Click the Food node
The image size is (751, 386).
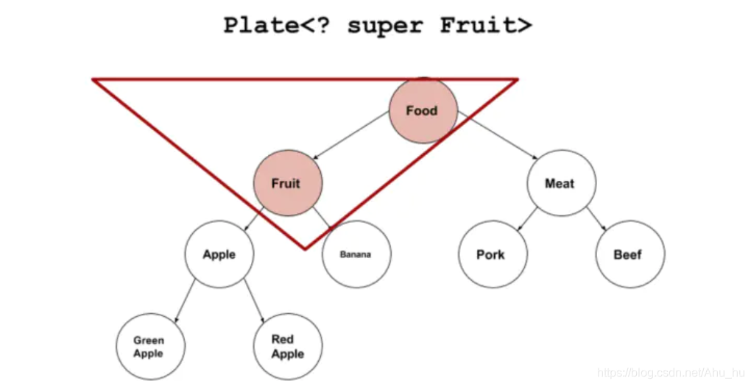click(x=423, y=111)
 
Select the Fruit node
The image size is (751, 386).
click(x=287, y=183)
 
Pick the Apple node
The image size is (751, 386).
click(x=219, y=254)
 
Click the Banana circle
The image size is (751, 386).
click(x=356, y=254)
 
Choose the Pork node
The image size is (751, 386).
click(x=491, y=254)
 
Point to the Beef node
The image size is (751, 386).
click(x=629, y=254)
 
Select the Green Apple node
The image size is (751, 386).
click(x=150, y=346)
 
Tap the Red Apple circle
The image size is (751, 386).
click(x=287, y=346)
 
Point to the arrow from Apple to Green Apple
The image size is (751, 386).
click(x=186, y=300)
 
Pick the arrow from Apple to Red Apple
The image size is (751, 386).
click(x=253, y=300)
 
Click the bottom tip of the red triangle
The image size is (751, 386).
click(x=305, y=249)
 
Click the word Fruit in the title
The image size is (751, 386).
click(x=479, y=25)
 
